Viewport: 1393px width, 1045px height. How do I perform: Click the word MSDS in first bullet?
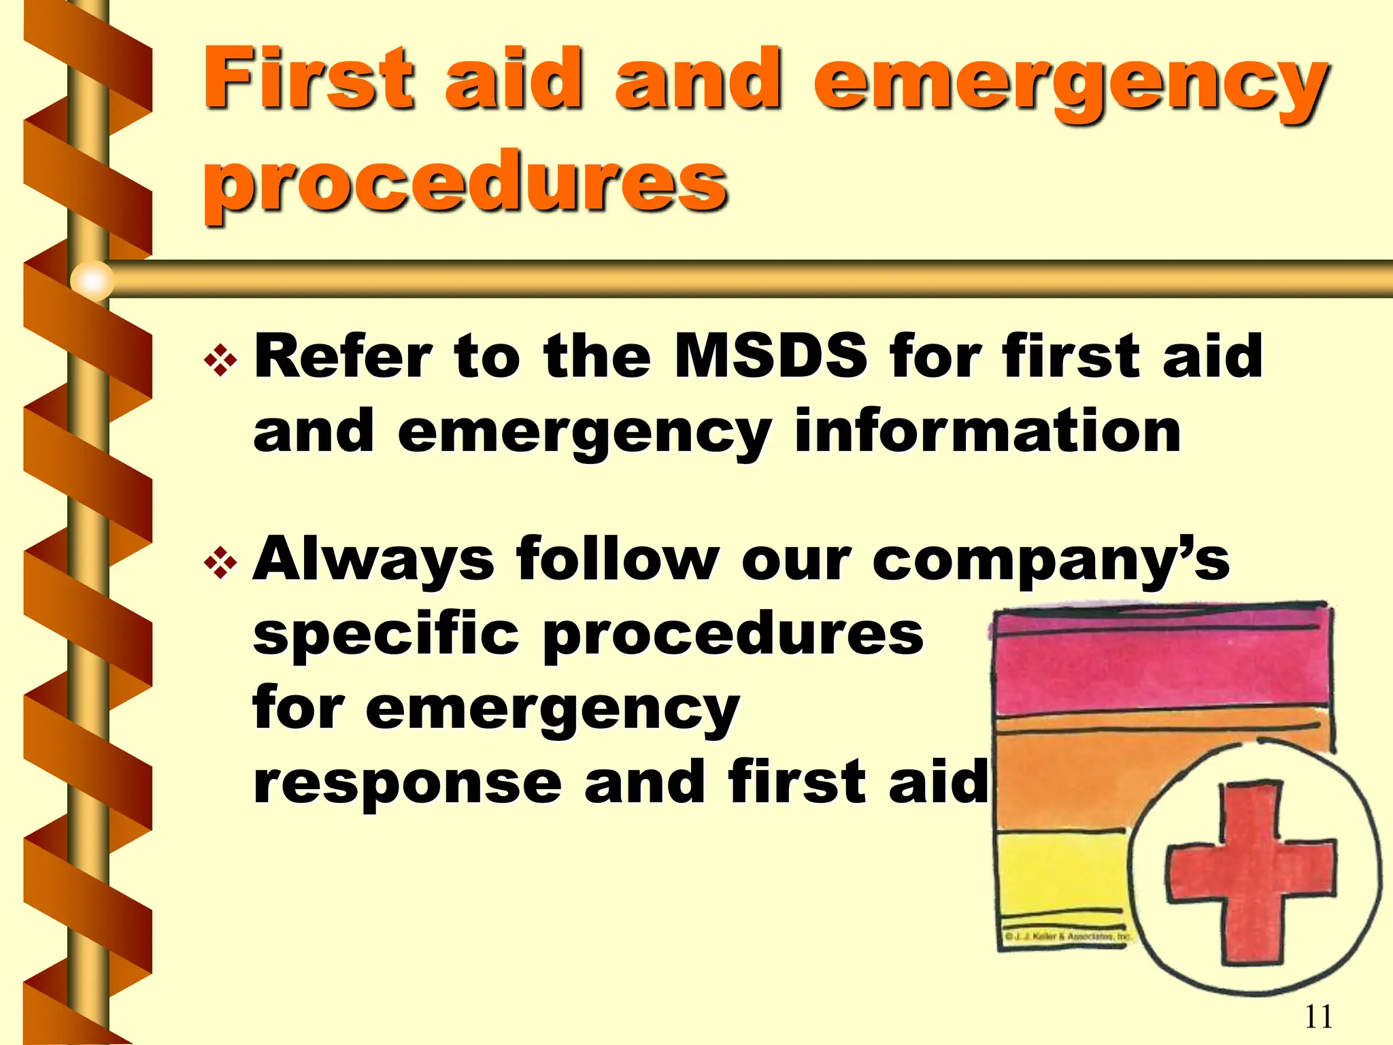(x=770, y=356)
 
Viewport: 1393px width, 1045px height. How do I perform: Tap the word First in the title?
(x=307, y=78)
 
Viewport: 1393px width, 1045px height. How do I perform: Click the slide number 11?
(x=1318, y=1016)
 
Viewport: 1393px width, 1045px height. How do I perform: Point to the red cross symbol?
(x=1250, y=874)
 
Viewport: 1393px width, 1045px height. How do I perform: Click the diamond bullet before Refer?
(x=221, y=360)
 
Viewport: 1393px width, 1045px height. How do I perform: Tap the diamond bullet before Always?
(x=221, y=563)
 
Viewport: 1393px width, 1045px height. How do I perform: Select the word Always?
(x=373, y=560)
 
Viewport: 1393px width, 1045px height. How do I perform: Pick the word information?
(x=988, y=431)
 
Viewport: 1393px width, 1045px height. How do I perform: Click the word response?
(x=407, y=782)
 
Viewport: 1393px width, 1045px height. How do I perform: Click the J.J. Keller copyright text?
(x=1067, y=937)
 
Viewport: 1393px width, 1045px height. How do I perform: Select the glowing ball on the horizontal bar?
(x=92, y=280)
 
